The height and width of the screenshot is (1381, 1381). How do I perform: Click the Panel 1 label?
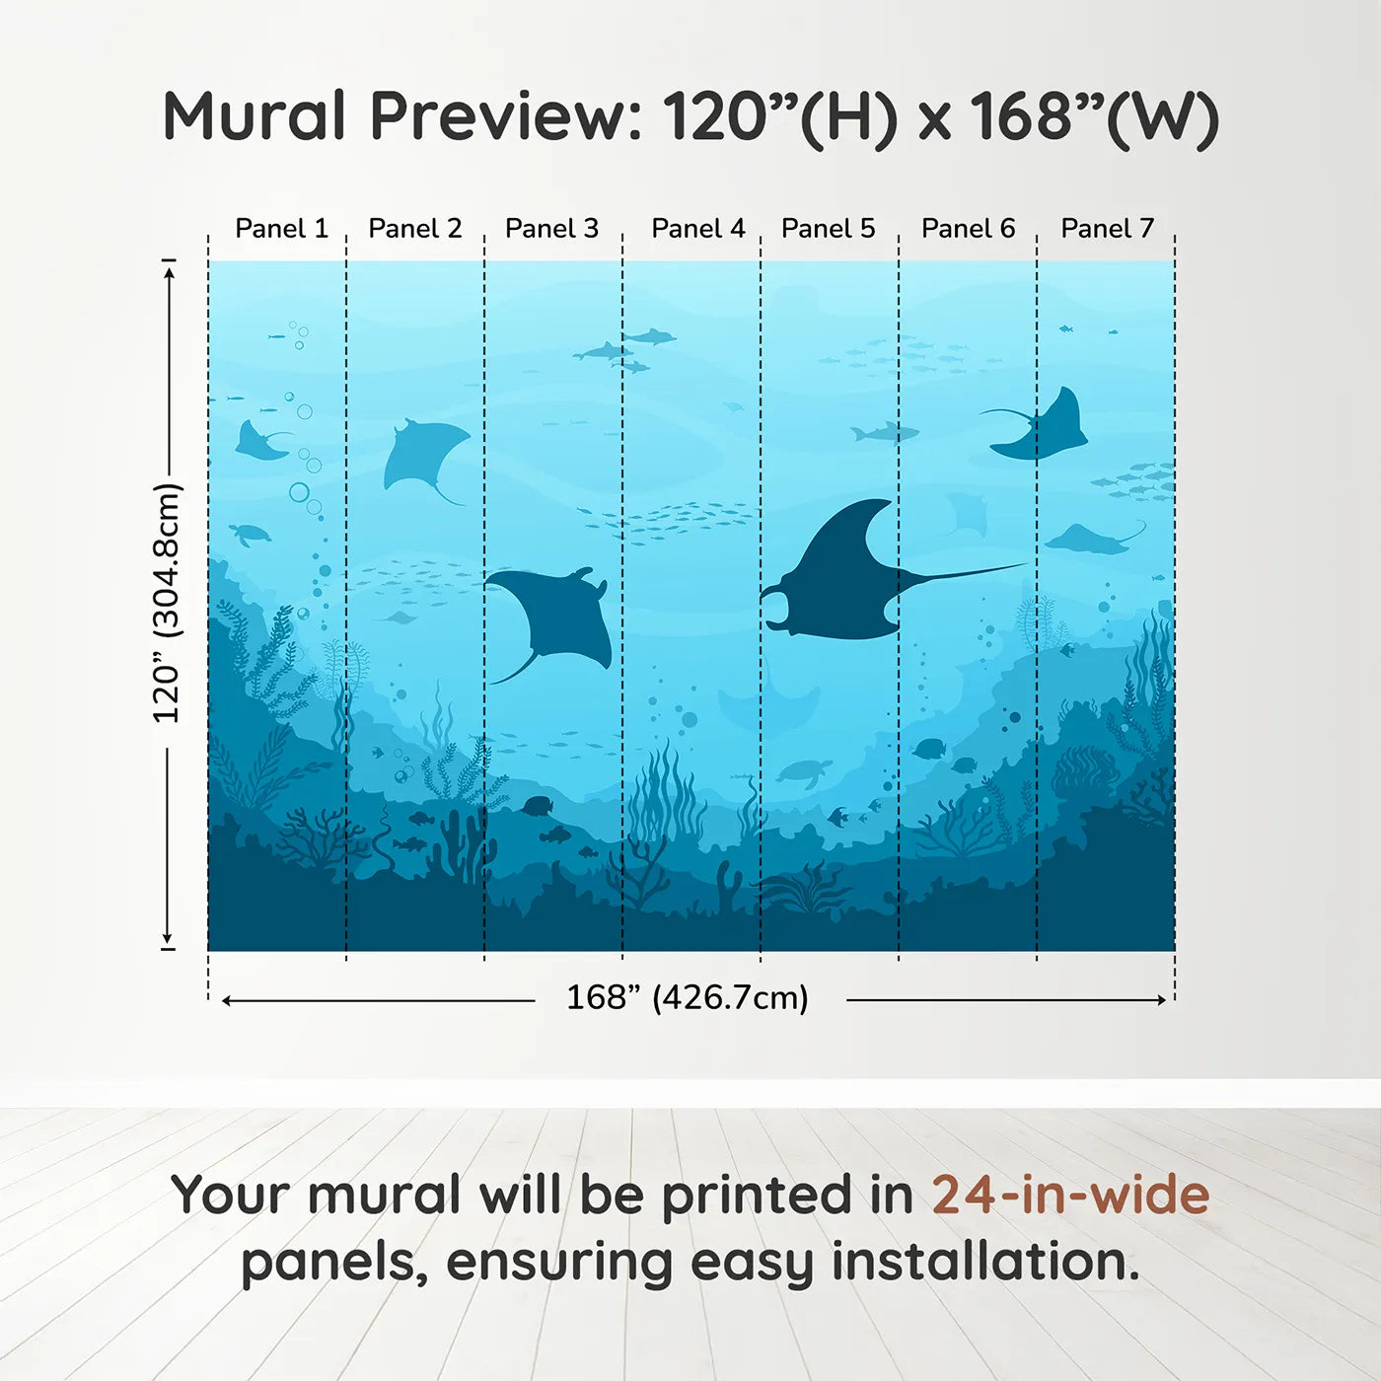pyautogui.click(x=281, y=229)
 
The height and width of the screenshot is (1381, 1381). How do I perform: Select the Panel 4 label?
pyautogui.click(x=697, y=229)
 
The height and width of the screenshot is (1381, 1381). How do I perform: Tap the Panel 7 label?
pyautogui.click(x=1107, y=229)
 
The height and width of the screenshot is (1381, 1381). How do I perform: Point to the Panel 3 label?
pyautogui.click(x=551, y=229)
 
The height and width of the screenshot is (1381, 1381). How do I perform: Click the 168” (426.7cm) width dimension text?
pyautogui.click(x=688, y=997)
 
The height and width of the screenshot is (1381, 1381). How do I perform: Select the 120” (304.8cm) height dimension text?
pyautogui.click(x=167, y=604)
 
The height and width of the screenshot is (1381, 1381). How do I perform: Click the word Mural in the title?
pyautogui.click(x=254, y=116)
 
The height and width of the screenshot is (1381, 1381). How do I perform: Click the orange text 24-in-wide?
pyautogui.click(x=1070, y=1195)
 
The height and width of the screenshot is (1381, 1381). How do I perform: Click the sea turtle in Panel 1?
pyautogui.click(x=251, y=534)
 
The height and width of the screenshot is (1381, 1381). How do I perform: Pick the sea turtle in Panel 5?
pyautogui.click(x=804, y=771)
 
